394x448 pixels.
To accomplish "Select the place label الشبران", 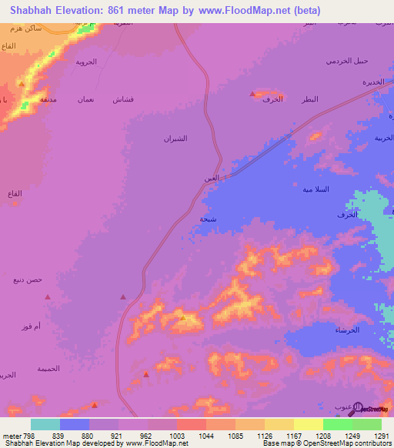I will [175, 139].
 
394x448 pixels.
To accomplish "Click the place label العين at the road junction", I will [212, 179].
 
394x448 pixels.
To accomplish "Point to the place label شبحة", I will [209, 219].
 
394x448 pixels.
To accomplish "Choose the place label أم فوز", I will [32, 327].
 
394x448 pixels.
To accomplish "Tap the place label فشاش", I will [123, 100].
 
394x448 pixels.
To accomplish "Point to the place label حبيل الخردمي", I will [347, 61].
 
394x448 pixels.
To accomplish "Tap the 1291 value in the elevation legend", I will [381, 436].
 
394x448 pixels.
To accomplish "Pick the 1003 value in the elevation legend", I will [177, 436].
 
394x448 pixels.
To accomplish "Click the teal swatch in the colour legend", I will [45, 424].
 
